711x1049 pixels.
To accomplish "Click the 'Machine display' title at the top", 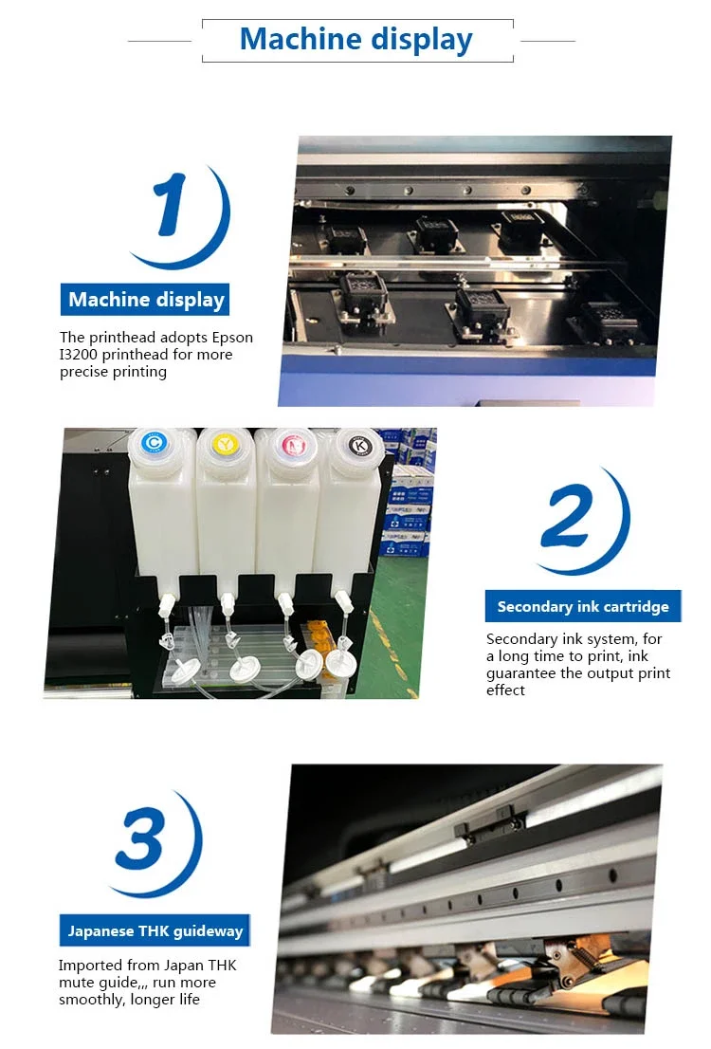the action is [355, 40].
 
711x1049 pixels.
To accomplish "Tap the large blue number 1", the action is [171, 204].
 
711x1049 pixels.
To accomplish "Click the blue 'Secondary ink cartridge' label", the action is [583, 606].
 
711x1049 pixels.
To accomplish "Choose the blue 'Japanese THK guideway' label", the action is [155, 930].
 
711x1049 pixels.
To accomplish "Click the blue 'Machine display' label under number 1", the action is [145, 299].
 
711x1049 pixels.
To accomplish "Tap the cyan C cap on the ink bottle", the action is [155, 442].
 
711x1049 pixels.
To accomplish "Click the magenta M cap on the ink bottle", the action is [294, 445].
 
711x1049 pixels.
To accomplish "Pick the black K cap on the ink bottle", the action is [361, 445].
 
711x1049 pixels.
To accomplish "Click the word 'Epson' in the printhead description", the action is [233, 338].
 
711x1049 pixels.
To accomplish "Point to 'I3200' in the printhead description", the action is [79, 355].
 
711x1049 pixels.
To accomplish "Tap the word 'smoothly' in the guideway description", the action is [91, 1001].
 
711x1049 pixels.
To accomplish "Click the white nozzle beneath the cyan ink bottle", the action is [166, 606].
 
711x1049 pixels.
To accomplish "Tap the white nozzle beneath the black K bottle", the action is [343, 599].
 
